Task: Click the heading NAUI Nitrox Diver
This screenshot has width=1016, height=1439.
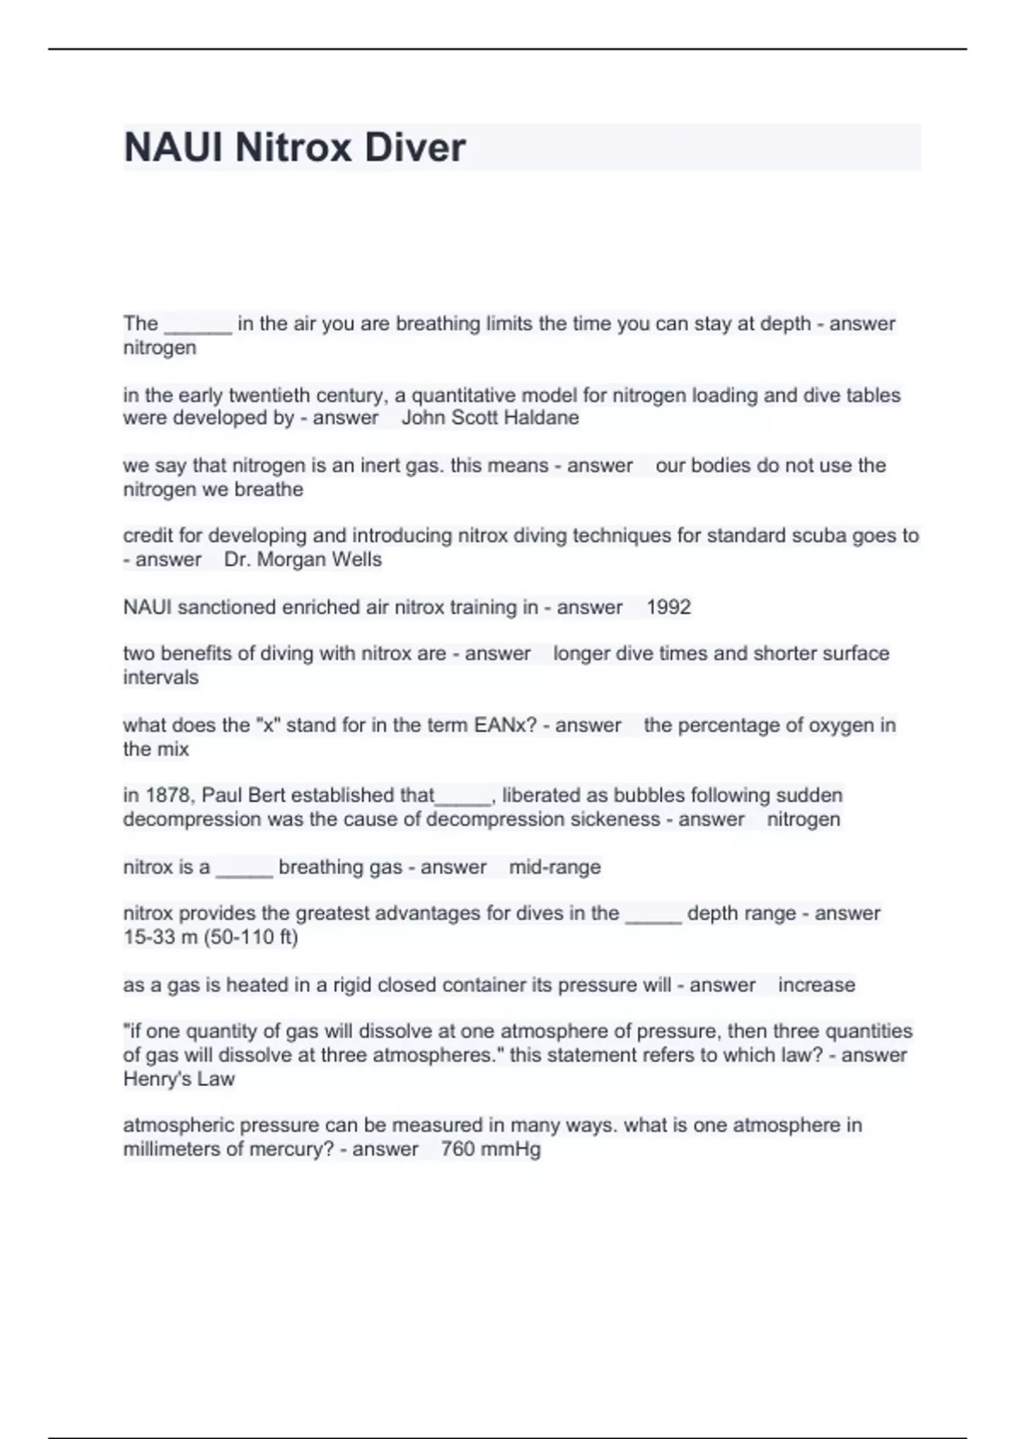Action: click(294, 147)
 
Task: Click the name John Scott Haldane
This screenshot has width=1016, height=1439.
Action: click(490, 418)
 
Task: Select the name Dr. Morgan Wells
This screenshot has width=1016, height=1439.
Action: click(303, 560)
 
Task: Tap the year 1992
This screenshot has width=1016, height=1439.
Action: click(668, 607)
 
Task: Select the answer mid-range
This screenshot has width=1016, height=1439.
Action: click(555, 867)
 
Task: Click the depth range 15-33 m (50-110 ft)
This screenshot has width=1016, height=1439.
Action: click(210, 937)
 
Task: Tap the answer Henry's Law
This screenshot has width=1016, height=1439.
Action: click(179, 1079)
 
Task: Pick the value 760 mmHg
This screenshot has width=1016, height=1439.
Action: click(490, 1150)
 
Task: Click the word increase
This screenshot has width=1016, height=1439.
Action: click(816, 985)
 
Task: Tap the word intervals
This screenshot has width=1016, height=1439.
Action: click(161, 677)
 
